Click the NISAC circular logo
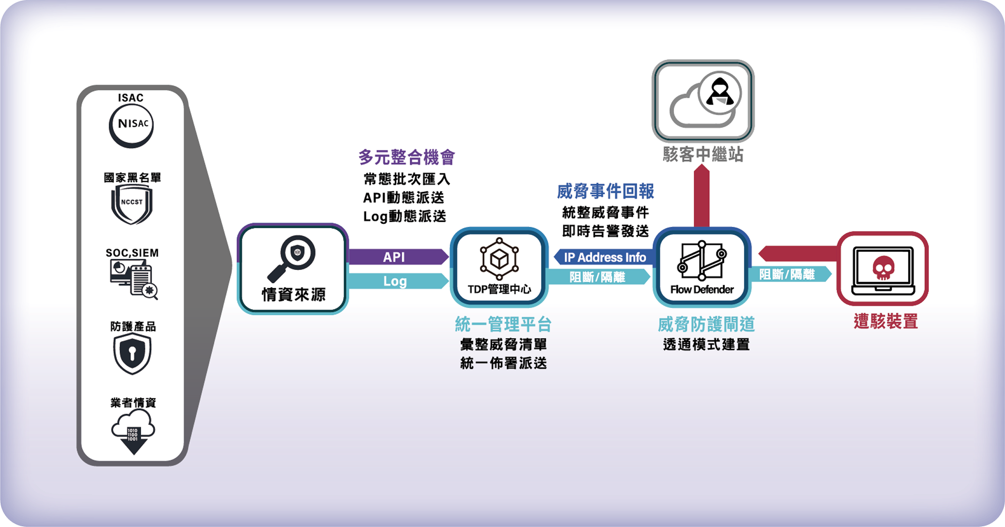[131, 125]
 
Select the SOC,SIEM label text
[132, 253]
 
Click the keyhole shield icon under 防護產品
[132, 354]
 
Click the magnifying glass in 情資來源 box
[293, 257]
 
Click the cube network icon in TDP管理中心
[499, 259]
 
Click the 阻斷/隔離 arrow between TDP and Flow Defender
[598, 277]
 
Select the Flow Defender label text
[702, 290]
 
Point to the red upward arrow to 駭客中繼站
[701, 198]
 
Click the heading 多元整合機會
[406, 157]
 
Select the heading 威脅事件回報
[605, 191]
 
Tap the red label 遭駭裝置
[885, 321]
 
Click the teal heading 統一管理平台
[503, 324]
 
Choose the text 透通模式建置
[706, 345]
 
